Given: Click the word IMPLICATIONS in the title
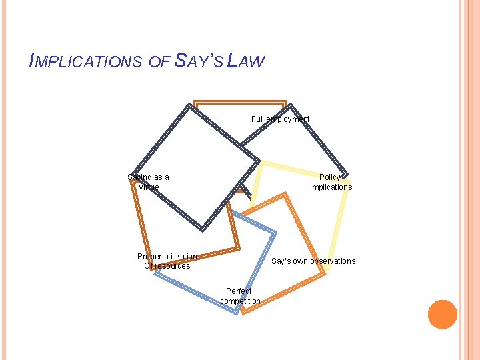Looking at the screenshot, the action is point(85,62).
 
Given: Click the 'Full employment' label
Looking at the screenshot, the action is point(280,119).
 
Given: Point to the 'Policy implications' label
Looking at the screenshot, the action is point(331,182).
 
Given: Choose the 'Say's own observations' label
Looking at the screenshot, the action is point(313,261).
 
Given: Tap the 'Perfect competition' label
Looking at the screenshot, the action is point(240,296).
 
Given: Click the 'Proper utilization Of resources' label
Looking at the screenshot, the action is point(167,261).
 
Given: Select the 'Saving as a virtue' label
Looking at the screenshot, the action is point(149,182).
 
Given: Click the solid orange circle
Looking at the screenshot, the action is point(443,315).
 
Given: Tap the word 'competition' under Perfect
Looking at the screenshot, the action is point(240,301).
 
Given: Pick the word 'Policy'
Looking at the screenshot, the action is point(330,177).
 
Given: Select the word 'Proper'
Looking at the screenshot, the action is point(149,257).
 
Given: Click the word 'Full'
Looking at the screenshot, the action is point(258,119).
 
